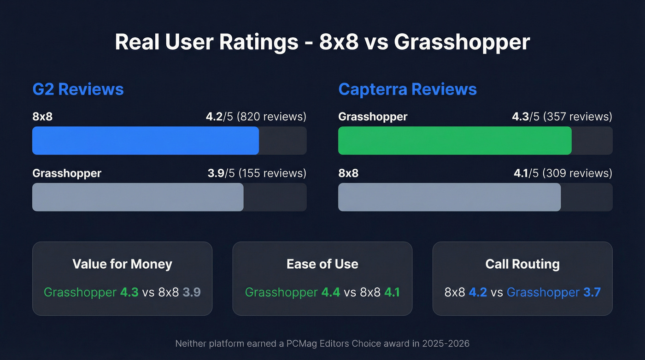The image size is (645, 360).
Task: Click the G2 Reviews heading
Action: point(78,89)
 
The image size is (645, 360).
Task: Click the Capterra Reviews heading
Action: point(407,89)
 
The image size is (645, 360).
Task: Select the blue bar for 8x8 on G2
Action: point(146,141)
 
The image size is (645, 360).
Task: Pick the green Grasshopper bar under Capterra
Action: point(455,141)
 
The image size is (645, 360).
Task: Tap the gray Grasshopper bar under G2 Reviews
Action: point(138,197)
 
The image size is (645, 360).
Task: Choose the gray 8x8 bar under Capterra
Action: point(449,197)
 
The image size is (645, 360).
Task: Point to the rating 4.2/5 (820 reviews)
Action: point(256,117)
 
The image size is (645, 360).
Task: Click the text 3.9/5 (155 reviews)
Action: point(257,173)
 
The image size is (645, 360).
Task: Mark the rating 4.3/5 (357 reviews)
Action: point(562,117)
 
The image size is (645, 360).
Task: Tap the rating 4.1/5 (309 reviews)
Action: point(563,173)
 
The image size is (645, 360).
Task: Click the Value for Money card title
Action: point(122,264)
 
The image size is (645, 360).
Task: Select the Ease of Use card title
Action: point(322,264)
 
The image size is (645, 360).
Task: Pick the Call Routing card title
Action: point(522,264)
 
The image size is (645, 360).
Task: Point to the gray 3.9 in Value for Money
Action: point(192,292)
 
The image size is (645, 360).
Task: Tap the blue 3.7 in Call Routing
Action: point(592,292)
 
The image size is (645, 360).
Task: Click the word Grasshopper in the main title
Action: point(462,42)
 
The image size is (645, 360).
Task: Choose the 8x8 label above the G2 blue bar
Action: point(42,117)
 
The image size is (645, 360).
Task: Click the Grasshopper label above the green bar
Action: point(373,117)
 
